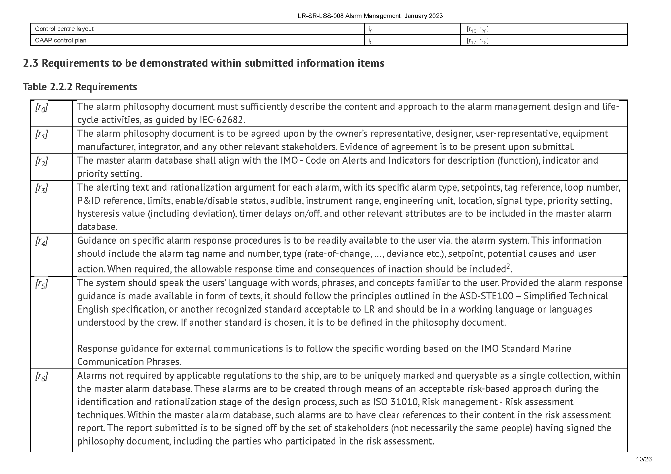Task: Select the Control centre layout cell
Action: point(64,29)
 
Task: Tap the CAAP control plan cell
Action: point(61,40)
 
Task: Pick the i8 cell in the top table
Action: point(370,30)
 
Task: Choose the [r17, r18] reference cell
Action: point(478,41)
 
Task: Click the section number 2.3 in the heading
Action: point(30,63)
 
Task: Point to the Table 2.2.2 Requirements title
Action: point(80,87)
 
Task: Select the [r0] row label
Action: point(42,108)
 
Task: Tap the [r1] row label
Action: point(42,134)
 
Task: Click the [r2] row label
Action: point(42,161)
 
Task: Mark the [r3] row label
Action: point(42,188)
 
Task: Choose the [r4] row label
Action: point(42,241)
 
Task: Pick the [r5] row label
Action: point(42,284)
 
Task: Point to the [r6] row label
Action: point(42,377)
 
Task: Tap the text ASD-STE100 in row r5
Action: point(486,296)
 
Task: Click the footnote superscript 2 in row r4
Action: point(508,266)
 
